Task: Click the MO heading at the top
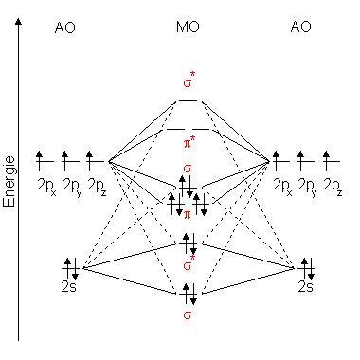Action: tap(188, 29)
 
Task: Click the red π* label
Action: tap(189, 142)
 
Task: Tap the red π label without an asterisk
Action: tap(188, 216)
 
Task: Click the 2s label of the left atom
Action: tap(68, 285)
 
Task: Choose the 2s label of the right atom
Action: tap(305, 285)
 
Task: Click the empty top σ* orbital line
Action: tap(189, 99)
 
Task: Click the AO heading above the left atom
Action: tap(65, 29)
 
